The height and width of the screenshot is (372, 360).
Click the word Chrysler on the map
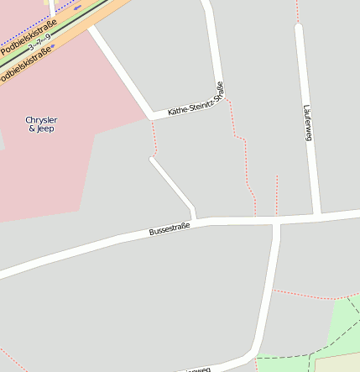click(42, 120)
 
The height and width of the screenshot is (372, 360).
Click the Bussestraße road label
click(170, 228)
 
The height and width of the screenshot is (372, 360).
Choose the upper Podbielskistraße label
click(29, 37)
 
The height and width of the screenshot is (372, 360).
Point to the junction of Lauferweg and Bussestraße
click(318, 216)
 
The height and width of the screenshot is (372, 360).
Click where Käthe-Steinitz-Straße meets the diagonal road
click(152, 116)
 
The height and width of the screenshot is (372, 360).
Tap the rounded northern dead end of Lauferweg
click(299, 28)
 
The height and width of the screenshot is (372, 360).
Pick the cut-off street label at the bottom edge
click(197, 369)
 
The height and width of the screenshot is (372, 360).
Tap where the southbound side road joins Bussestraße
click(276, 221)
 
